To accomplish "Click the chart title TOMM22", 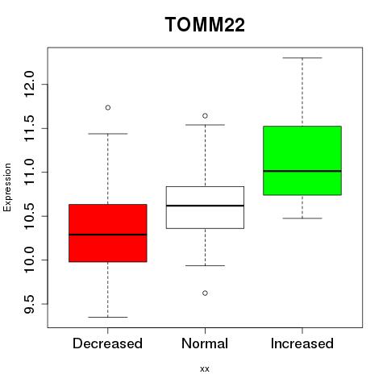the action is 205,24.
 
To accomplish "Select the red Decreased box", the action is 108,233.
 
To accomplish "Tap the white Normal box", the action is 205,207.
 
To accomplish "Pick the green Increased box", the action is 302,160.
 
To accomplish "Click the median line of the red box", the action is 108,235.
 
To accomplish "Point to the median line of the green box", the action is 302,171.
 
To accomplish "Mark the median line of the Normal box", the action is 205,206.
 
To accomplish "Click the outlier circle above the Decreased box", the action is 108,107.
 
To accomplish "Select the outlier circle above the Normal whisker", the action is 205,116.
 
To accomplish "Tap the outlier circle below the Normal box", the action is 205,293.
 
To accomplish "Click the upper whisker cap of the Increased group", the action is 302,58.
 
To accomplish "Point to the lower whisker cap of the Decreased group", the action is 108,317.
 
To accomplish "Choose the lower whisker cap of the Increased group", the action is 302,218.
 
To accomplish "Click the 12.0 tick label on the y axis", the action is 29,84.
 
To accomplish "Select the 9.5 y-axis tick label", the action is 29,304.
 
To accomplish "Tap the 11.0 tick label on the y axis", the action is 29,172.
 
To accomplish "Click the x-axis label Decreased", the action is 107,343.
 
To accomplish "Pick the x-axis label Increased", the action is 302,343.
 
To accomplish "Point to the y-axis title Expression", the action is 7,187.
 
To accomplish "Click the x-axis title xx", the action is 205,369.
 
